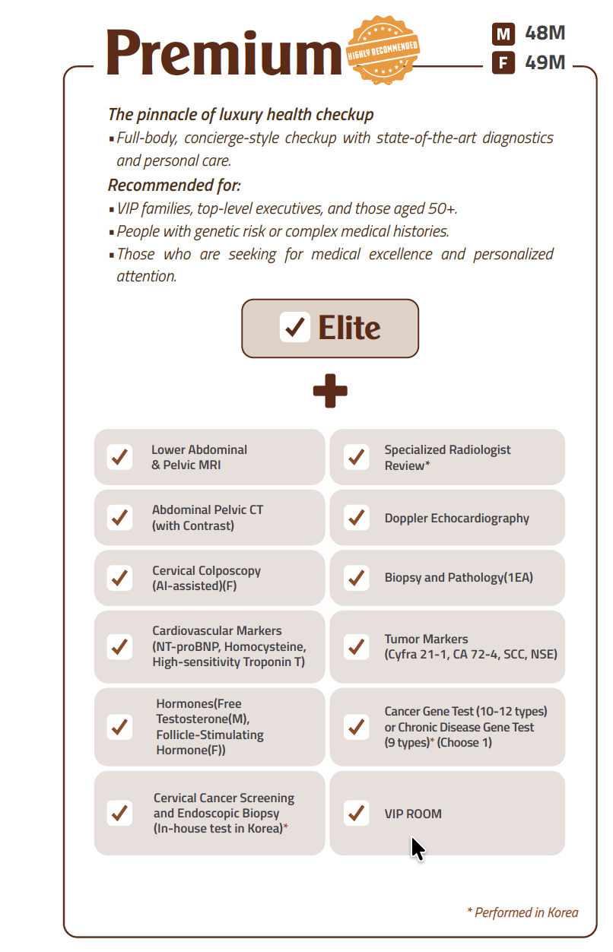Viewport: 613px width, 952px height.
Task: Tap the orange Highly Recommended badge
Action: click(x=383, y=49)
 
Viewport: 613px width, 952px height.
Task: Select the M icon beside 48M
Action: click(x=503, y=34)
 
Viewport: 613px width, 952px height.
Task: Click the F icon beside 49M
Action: click(x=503, y=62)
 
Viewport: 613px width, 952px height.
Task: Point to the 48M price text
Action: click(x=545, y=34)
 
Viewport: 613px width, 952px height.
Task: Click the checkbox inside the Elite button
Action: click(x=294, y=328)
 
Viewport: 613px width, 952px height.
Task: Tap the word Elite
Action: click(x=349, y=328)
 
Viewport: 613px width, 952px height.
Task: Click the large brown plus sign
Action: click(x=330, y=391)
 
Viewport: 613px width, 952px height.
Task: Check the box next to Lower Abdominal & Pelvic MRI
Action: click(x=119, y=457)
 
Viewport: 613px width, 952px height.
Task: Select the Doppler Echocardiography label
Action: click(x=456, y=519)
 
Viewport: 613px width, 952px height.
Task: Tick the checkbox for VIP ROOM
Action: click(x=356, y=813)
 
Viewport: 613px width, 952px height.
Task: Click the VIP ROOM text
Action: click(x=413, y=814)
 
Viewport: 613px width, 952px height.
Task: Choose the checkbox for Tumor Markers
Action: click(x=356, y=646)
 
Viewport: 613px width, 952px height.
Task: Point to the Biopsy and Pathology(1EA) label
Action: click(x=459, y=578)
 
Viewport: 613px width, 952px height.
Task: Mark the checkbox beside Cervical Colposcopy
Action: click(x=119, y=578)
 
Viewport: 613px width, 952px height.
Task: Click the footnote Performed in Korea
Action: click(x=522, y=912)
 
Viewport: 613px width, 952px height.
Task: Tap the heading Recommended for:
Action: click(x=174, y=185)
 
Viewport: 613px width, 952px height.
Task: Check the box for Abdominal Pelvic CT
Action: click(x=119, y=518)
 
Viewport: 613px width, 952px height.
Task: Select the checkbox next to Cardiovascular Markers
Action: click(x=119, y=646)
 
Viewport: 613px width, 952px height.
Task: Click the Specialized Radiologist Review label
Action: click(x=447, y=457)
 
